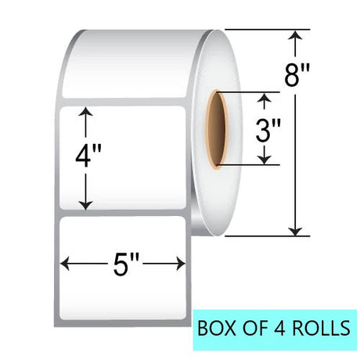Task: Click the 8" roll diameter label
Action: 297,75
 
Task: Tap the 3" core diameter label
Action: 268,131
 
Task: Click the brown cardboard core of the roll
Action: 216,130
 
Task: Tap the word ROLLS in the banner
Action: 321,328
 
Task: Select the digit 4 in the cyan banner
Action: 280,328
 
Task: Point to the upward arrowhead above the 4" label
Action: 86,111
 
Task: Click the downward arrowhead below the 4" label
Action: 86,206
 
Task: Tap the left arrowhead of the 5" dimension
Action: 65,264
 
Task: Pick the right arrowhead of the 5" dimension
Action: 181,264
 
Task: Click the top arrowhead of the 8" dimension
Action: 295,35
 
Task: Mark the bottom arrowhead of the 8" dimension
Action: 295,231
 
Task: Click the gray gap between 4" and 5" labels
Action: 123,213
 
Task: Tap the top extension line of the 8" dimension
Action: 268,30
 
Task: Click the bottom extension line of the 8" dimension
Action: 268,236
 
